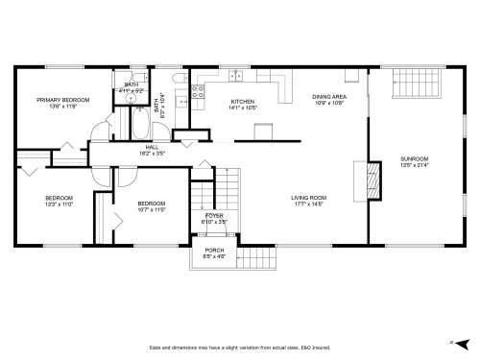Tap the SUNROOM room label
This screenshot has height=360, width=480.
click(x=415, y=158)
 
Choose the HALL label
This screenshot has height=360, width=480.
click(x=152, y=147)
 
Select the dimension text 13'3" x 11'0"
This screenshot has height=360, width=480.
click(x=59, y=204)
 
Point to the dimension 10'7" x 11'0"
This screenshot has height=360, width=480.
click(x=152, y=209)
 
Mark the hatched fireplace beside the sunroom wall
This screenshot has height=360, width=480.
click(x=361, y=179)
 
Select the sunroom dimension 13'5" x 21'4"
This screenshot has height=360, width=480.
click(x=415, y=165)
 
